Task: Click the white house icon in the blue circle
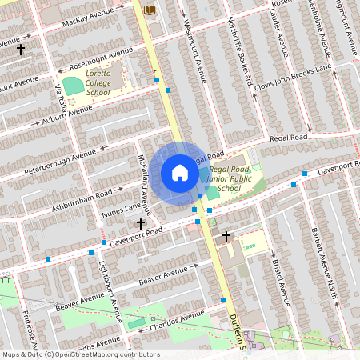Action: coord(180,173)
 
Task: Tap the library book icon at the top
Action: coord(149,9)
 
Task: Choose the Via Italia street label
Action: coord(60,101)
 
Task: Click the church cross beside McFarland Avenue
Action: coord(141,224)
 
